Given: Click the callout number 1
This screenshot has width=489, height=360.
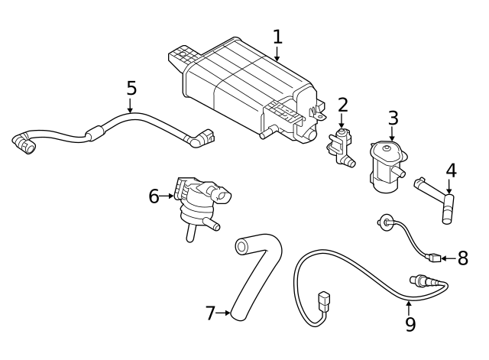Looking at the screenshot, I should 277,36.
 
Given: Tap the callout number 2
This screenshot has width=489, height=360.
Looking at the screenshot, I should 343,105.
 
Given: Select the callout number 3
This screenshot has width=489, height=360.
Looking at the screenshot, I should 393,118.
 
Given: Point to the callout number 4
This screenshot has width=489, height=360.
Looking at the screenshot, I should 451,170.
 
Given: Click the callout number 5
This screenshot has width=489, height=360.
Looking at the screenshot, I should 131,88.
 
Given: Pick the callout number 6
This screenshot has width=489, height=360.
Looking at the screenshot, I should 154,196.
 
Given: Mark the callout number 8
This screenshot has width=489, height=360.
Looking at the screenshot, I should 462,258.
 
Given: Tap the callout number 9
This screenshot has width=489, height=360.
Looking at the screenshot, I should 410,324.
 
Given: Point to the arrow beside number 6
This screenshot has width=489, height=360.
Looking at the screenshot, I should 168,196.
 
